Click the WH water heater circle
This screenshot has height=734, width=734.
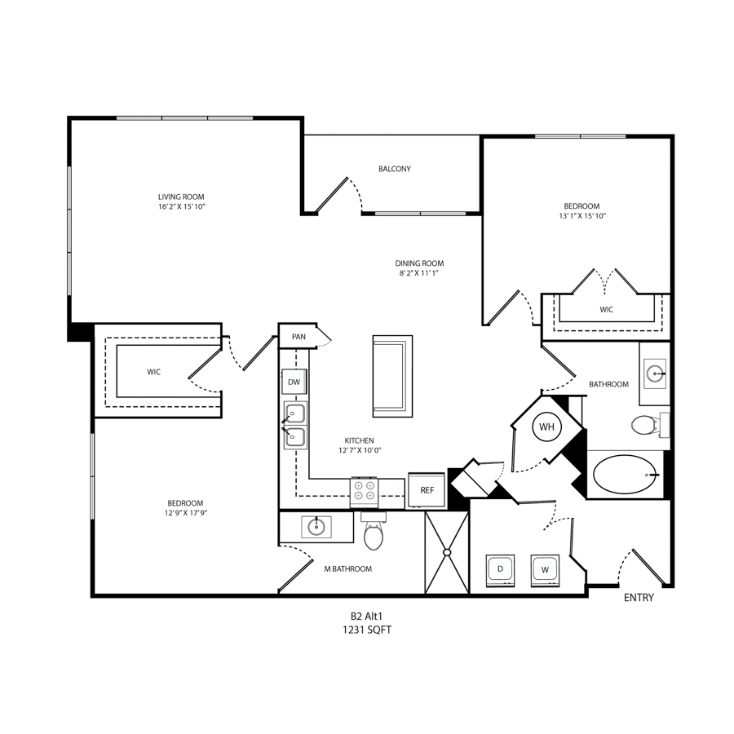(546, 427)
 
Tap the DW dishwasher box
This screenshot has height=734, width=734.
(294, 382)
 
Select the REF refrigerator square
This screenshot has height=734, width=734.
(427, 490)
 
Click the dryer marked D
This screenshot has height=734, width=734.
(500, 570)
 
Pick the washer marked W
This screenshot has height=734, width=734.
(545, 570)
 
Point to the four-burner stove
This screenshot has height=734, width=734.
(365, 492)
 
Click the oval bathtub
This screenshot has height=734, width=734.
(625, 475)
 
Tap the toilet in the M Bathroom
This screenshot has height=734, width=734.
(373, 531)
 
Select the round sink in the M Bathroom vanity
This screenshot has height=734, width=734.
(316, 527)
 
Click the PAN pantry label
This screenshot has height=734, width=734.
(298, 337)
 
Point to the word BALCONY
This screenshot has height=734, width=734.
(395, 169)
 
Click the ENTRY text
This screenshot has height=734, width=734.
(639, 598)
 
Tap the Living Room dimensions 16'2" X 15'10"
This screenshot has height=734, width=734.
(181, 206)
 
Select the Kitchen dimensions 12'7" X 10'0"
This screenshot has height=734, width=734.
(360, 450)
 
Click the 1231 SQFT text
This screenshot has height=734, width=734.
(367, 630)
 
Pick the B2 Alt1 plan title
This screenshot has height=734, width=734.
(366, 617)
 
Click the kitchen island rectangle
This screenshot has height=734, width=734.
(393, 376)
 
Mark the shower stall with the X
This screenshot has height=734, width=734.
(447, 552)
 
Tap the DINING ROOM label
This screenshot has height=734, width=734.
(419, 263)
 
